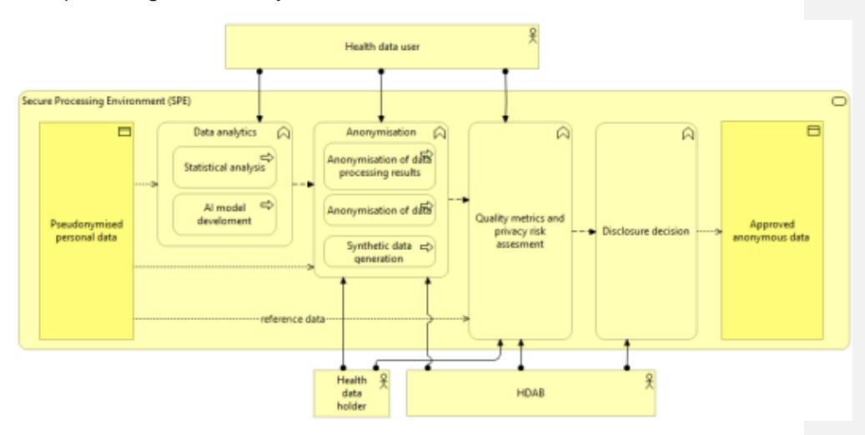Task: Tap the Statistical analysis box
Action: pos(219,167)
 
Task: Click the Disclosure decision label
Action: pos(645,231)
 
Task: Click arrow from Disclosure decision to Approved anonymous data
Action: pos(707,231)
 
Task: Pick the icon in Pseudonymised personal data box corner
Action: pos(126,132)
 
